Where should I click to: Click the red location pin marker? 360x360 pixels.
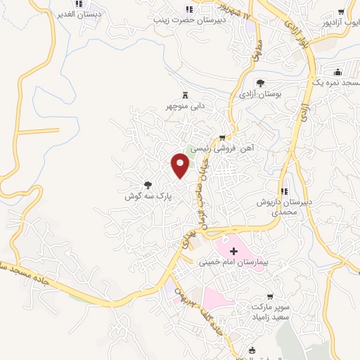tap(181, 165)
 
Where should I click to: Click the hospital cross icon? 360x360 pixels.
tap(234, 251)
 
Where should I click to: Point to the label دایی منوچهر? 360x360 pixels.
tap(185, 106)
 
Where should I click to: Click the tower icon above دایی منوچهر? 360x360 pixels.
tap(186, 95)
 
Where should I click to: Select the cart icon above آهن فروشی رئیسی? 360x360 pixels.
tap(223, 138)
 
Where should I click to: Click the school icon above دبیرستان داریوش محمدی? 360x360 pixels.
tap(284, 191)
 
